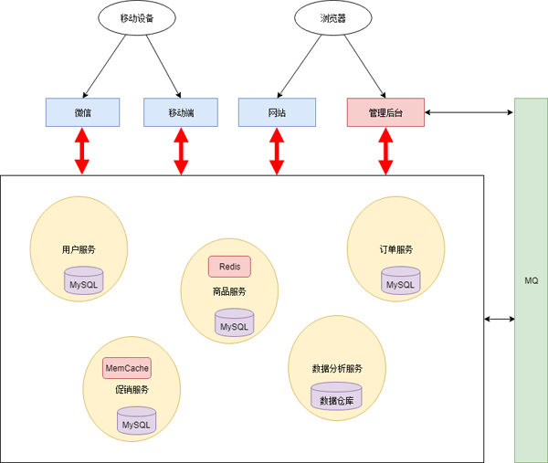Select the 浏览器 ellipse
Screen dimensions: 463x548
[x=333, y=18]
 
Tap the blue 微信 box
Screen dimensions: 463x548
[x=83, y=112]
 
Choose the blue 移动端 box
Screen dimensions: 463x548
[x=181, y=112]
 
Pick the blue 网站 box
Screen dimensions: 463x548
[x=277, y=112]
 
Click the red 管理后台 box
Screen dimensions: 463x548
[x=385, y=112]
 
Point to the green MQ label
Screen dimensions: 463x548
[x=531, y=280]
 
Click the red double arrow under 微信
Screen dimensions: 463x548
[x=82, y=151]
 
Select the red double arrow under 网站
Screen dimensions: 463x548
[x=277, y=151]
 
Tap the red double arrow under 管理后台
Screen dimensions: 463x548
[x=385, y=151]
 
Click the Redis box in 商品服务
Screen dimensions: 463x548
[x=229, y=267]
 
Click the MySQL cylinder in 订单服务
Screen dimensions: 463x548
[x=400, y=281]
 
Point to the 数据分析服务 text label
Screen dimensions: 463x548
[x=337, y=369]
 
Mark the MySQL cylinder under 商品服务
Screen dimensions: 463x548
[x=234, y=322]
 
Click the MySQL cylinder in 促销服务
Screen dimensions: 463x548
[x=135, y=420]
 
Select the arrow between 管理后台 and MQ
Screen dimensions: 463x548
[x=469, y=112]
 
